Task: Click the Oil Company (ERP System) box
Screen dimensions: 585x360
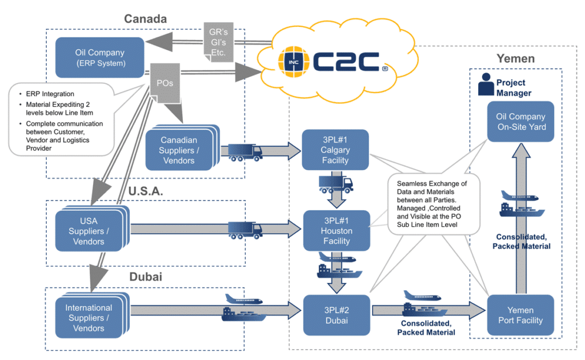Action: (99, 58)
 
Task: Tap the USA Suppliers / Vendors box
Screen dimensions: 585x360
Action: (91, 229)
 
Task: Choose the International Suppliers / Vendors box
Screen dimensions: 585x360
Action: (91, 316)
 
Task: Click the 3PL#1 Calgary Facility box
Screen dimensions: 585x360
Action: (335, 150)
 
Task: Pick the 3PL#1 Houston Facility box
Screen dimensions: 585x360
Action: (336, 230)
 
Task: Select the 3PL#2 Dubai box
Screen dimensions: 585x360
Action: (336, 315)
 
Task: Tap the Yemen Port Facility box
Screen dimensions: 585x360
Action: (520, 315)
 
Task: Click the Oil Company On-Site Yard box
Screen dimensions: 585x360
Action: (520, 122)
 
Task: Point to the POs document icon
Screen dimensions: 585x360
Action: (165, 83)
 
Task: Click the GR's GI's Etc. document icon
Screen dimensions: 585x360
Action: (219, 42)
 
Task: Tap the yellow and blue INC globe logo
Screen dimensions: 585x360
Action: (294, 62)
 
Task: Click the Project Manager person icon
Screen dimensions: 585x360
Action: (486, 85)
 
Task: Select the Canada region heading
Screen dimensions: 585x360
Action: (146, 19)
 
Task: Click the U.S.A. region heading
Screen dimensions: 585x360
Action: (146, 191)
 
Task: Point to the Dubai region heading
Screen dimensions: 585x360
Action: (146, 277)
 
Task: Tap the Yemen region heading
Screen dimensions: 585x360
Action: (516, 58)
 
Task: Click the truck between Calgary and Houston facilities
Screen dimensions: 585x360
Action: (336, 185)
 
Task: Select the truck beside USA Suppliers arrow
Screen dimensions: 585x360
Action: (245, 230)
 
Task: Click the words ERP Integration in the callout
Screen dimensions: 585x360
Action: (50, 94)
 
